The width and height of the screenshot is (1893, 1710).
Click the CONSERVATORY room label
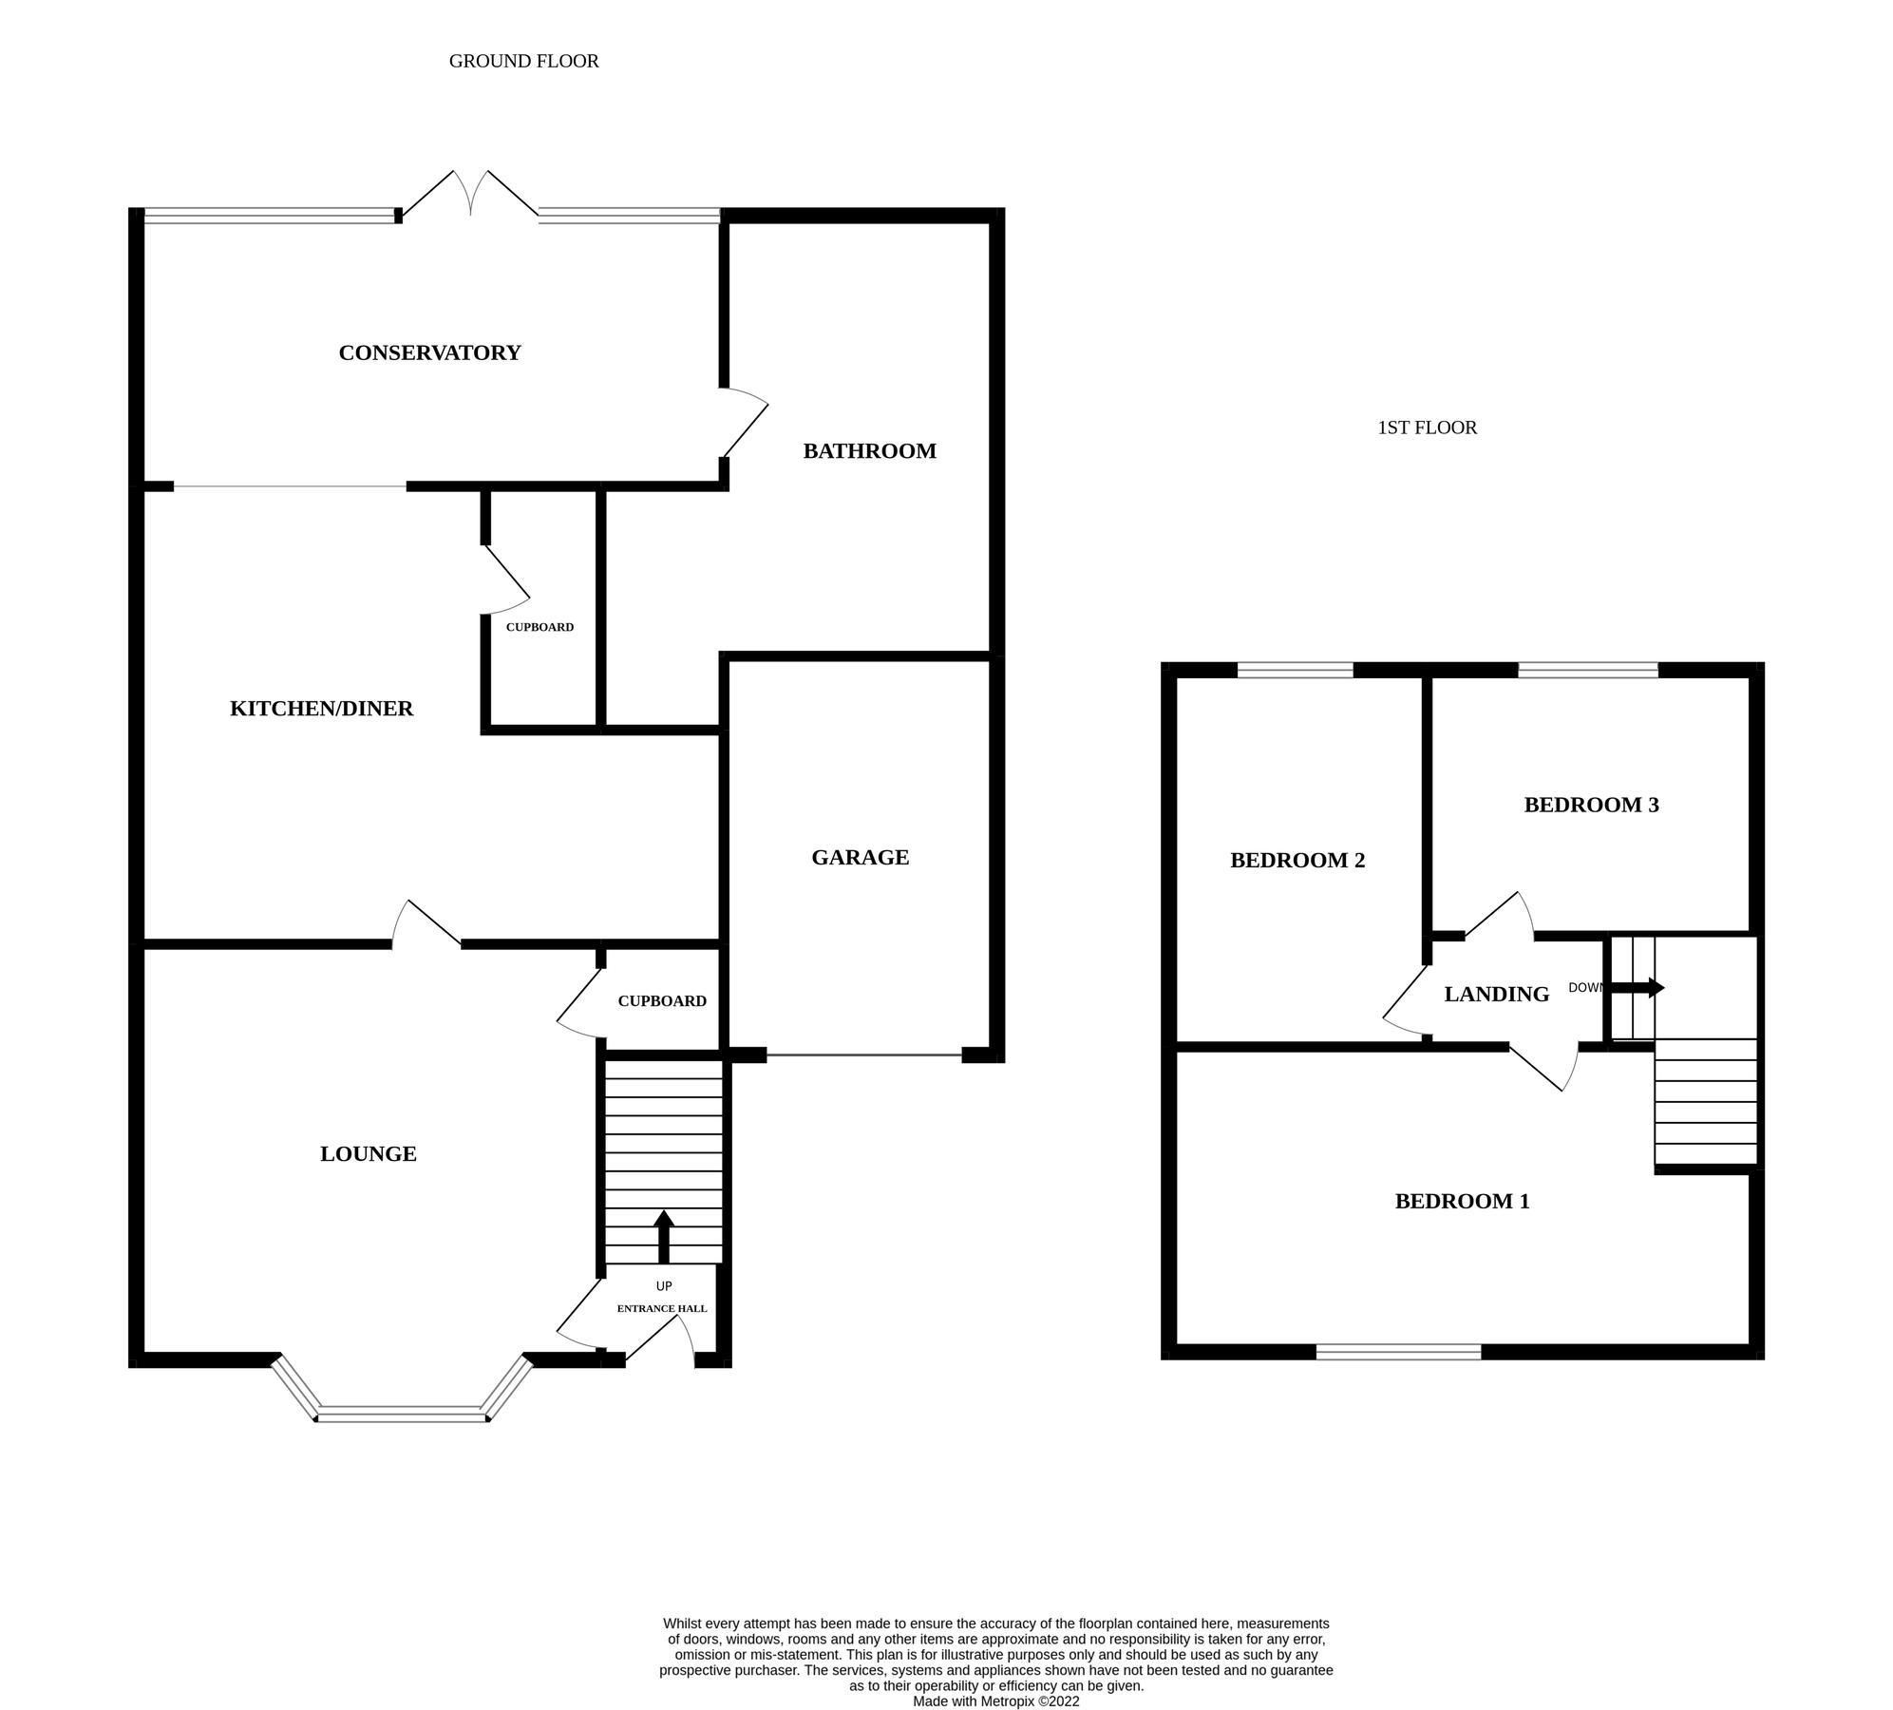[x=429, y=352]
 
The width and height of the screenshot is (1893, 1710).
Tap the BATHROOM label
[x=869, y=451]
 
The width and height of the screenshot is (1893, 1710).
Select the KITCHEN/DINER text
[x=321, y=709]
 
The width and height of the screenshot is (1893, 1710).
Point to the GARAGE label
[x=860, y=858]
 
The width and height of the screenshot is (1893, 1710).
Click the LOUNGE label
[x=368, y=1154]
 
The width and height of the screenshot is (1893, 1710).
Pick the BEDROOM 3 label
[x=1591, y=806]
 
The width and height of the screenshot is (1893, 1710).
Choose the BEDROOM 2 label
[x=1297, y=861]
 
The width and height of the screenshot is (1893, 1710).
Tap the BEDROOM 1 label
[x=1462, y=1202]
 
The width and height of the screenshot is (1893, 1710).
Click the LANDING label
[x=1496, y=995]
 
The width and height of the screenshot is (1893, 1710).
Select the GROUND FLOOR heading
[x=523, y=62]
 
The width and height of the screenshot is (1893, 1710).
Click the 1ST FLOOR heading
[x=1427, y=428]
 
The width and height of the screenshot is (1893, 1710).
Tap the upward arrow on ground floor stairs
[x=664, y=1235]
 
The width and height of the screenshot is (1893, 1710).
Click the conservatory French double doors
[x=470, y=195]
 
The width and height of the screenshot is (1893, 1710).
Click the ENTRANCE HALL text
[x=662, y=1309]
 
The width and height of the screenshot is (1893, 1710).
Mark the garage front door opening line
[x=863, y=1055]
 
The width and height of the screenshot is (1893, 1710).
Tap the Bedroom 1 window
[x=1398, y=1352]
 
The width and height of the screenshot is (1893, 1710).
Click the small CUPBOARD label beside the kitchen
[x=540, y=628]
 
